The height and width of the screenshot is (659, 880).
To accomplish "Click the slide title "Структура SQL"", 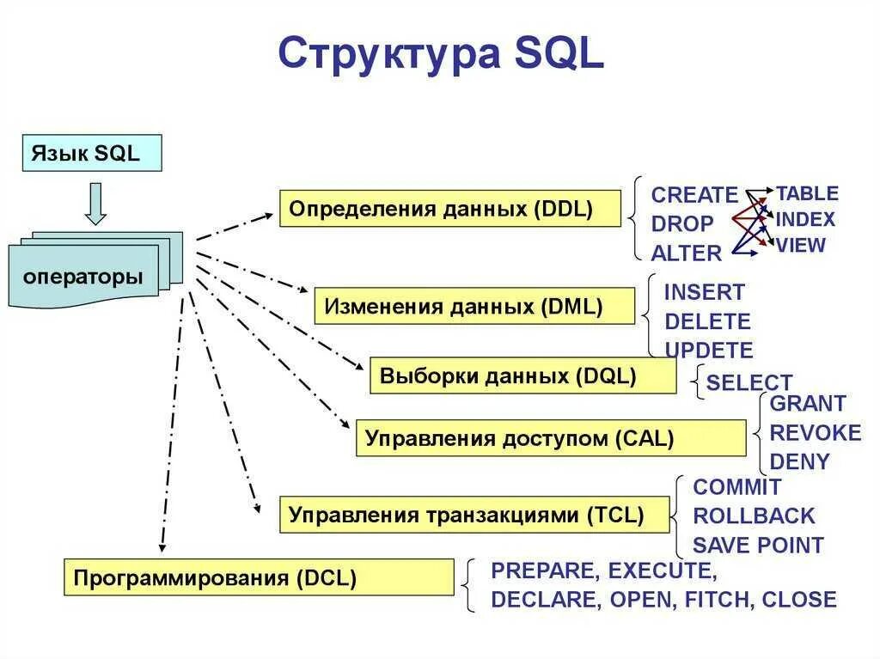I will point(441,53).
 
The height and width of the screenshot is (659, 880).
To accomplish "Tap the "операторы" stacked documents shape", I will point(83,277).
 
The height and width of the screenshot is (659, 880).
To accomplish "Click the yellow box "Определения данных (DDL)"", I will point(449,209).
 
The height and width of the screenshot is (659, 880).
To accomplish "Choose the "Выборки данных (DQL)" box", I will point(522,376).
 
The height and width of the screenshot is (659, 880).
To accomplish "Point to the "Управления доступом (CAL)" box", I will point(550,438).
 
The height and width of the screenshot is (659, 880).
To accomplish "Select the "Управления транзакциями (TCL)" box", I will point(474,515).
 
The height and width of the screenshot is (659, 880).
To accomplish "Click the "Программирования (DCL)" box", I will point(258,577).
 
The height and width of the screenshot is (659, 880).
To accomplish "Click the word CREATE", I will point(694,195).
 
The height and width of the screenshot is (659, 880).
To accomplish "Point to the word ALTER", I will point(686,253).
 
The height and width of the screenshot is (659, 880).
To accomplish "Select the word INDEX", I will point(805,220).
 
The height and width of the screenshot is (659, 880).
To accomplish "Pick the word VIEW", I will point(801,246).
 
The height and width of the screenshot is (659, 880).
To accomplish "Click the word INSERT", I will point(705,292).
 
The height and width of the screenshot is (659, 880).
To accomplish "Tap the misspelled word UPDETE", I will point(709,351).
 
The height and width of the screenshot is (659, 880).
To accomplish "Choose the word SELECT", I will point(749,383).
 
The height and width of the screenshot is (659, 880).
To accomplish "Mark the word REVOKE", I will point(815,433).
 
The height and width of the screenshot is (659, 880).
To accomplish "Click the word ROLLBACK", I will point(754,516).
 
